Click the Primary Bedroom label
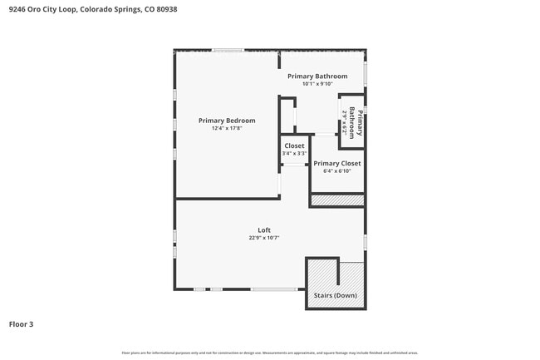click(x=227, y=121)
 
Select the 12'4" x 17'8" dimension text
click(x=227, y=128)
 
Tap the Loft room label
click(x=264, y=230)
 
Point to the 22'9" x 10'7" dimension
click(x=264, y=238)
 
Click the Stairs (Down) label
click(x=336, y=296)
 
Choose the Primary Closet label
click(x=337, y=164)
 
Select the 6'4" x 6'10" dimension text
click(x=337, y=171)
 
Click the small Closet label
click(x=294, y=145)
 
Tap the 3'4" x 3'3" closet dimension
click(x=294, y=153)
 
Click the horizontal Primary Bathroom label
click(x=317, y=76)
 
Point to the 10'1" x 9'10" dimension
click(x=317, y=84)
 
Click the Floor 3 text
click(x=22, y=323)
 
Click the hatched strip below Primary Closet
click(x=337, y=200)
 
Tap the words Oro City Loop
click(x=53, y=9)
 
